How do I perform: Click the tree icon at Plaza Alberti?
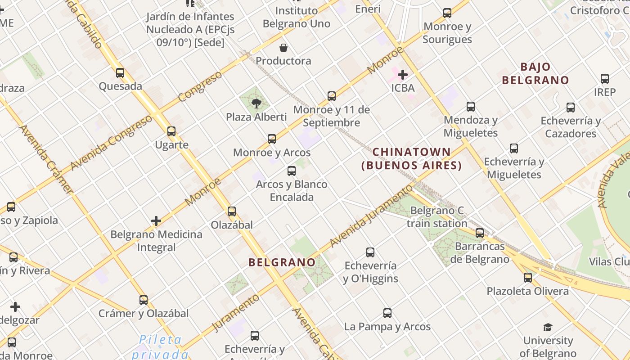pyautogui.click(x=256, y=103)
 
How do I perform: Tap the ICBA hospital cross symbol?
pyautogui.click(x=403, y=74)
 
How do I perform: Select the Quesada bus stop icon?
pyautogui.click(x=120, y=72)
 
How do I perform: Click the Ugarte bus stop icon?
pyautogui.click(x=171, y=131)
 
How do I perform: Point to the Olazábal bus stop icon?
pyautogui.click(x=232, y=211)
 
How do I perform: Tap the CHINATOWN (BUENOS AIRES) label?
pyautogui.click(x=412, y=158)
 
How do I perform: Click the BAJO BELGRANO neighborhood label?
pyautogui.click(x=535, y=74)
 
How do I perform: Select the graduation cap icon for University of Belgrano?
pyautogui.click(x=548, y=327)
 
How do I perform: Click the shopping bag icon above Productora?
pyautogui.click(x=283, y=47)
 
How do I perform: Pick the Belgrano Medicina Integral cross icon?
pyautogui.click(x=156, y=221)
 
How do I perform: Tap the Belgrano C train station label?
pyautogui.click(x=437, y=217)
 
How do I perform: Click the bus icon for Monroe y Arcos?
pyautogui.click(x=272, y=139)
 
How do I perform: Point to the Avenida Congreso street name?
pyautogui.click(x=111, y=143)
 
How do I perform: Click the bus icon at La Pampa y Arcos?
pyautogui.click(x=387, y=313)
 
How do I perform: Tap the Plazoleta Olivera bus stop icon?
pyautogui.click(x=528, y=277)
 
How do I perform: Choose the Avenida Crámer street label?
pyautogui.click(x=46, y=160)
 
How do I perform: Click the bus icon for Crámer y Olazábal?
pyautogui.click(x=144, y=300)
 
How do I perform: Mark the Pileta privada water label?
pyautogui.click(x=160, y=346)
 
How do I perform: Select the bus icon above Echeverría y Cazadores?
pyautogui.click(x=571, y=107)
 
